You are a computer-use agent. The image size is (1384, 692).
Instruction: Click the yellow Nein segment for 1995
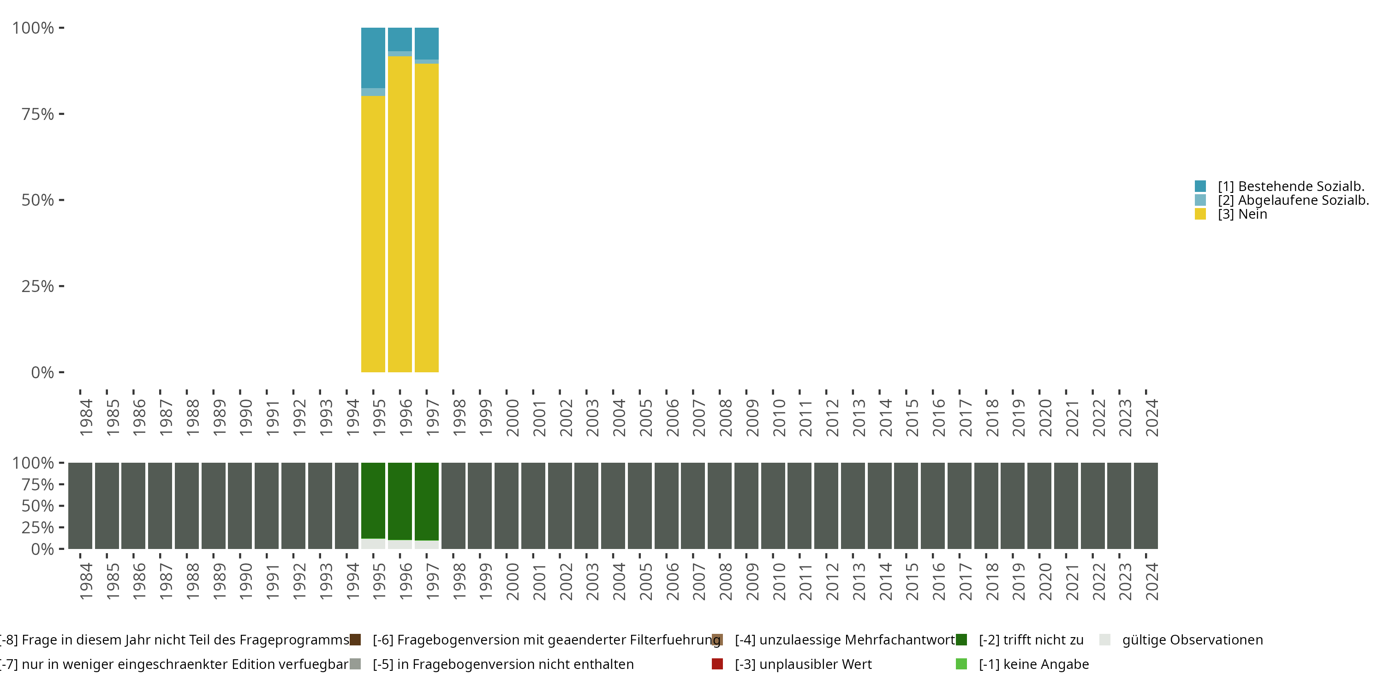coord(373,234)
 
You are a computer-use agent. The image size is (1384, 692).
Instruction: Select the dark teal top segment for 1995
coord(373,58)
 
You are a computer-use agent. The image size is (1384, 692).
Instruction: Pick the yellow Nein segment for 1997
coord(427,218)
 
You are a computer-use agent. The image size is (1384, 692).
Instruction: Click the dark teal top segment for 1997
coord(427,43)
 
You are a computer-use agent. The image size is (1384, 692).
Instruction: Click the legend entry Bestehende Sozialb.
coord(1290,186)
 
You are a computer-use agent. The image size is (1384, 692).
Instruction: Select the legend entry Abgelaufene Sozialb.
coord(1293,200)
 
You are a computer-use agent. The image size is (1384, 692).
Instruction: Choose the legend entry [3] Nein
coord(1242,215)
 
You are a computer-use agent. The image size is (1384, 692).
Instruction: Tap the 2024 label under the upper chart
coord(1152,418)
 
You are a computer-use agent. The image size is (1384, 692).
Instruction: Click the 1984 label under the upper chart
coord(86,418)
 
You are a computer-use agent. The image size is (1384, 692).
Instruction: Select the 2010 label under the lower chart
coord(779,582)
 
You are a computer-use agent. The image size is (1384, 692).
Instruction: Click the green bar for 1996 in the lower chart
coord(400,501)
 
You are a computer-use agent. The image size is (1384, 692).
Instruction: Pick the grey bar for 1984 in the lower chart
coord(80,506)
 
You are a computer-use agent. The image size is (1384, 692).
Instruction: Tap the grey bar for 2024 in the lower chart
coord(1146,506)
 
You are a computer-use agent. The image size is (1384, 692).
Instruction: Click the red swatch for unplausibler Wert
coord(717,664)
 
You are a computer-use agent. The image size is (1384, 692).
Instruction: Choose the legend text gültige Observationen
coord(1192,640)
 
